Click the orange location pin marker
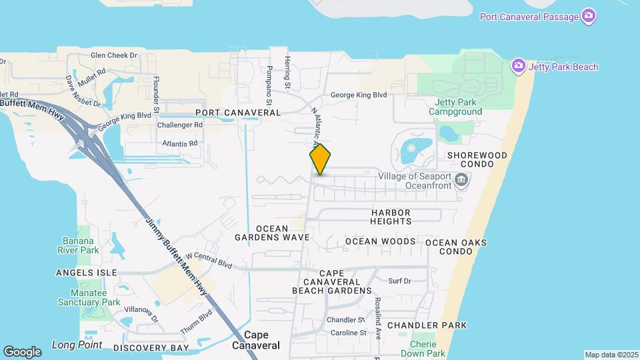point(320,159)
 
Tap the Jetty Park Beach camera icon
point(519,66)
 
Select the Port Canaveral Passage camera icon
point(588,16)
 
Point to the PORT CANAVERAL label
point(238,113)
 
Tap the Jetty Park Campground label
point(458,107)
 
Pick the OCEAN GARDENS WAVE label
point(272,231)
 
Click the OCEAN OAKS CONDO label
point(456,247)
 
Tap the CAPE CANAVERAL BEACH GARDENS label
point(331,282)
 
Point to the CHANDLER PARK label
point(427,325)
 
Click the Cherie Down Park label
point(427,348)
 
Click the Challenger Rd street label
point(179,125)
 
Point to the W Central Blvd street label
point(209,260)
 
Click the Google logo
point(22,351)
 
